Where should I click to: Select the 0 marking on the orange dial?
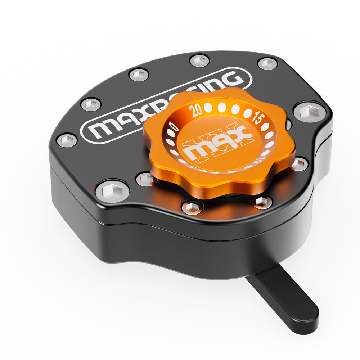pos(174,127)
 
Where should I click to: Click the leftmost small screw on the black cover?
pos(67,140)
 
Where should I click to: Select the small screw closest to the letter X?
pos(139,75)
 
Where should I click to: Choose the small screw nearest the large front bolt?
pos(146,179)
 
